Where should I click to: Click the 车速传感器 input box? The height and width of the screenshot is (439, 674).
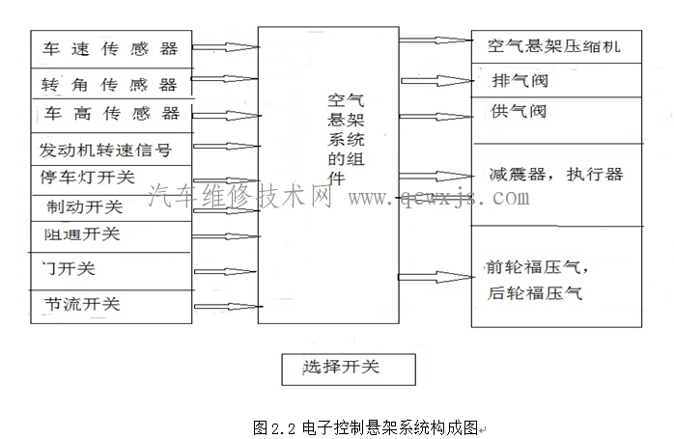(111, 47)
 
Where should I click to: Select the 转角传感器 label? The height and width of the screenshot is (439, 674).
(111, 85)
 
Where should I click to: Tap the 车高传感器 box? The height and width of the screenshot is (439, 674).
(111, 115)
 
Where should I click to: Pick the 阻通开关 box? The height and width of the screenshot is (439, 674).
(82, 234)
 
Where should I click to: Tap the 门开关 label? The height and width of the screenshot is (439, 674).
(70, 268)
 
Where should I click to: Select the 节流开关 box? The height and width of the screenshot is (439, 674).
(82, 304)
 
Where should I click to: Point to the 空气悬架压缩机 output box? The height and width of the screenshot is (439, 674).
(555, 45)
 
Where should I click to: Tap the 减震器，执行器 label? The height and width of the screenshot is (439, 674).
(555, 175)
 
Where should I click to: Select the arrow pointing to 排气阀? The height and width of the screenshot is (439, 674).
(435, 80)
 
